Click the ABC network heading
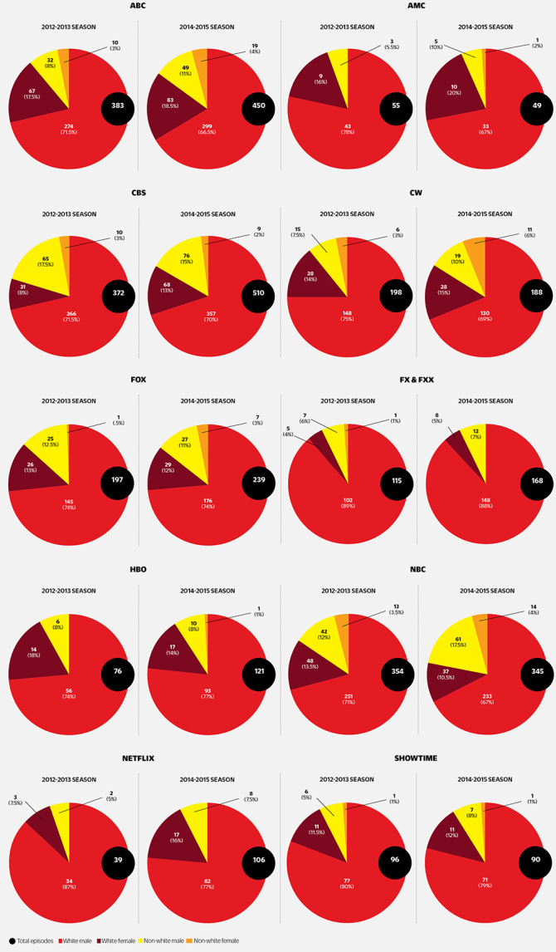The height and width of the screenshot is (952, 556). (x=139, y=7)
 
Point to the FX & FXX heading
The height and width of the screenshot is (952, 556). (x=417, y=380)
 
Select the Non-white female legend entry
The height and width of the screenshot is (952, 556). (x=216, y=940)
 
